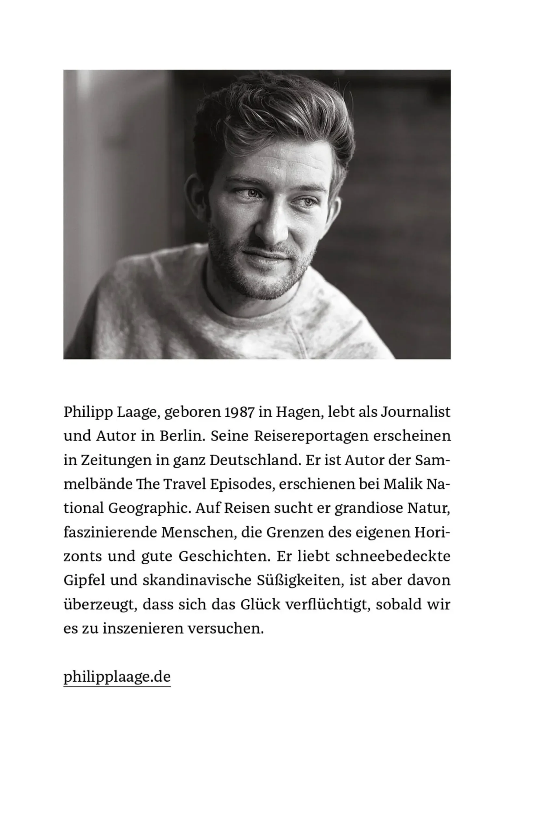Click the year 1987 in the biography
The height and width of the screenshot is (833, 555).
(x=239, y=412)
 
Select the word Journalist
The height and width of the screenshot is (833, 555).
(x=416, y=412)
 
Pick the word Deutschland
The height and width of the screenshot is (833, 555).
(x=255, y=460)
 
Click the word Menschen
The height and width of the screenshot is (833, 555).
(x=199, y=532)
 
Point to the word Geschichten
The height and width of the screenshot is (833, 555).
(x=224, y=556)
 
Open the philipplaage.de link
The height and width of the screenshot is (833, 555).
(x=117, y=677)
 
